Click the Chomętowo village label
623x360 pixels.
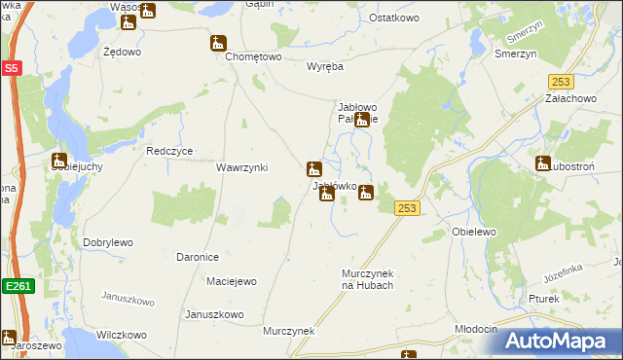click(253, 57)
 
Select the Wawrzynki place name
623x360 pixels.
click(241, 167)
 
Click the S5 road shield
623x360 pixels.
click(11, 68)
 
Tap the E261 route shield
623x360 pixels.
click(14, 286)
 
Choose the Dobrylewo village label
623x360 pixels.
click(108, 242)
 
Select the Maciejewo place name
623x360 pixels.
click(232, 282)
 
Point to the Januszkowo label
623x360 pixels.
click(213, 314)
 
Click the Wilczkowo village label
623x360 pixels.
click(121, 335)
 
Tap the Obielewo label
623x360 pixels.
click(475, 232)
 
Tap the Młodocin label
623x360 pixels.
click(476, 329)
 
